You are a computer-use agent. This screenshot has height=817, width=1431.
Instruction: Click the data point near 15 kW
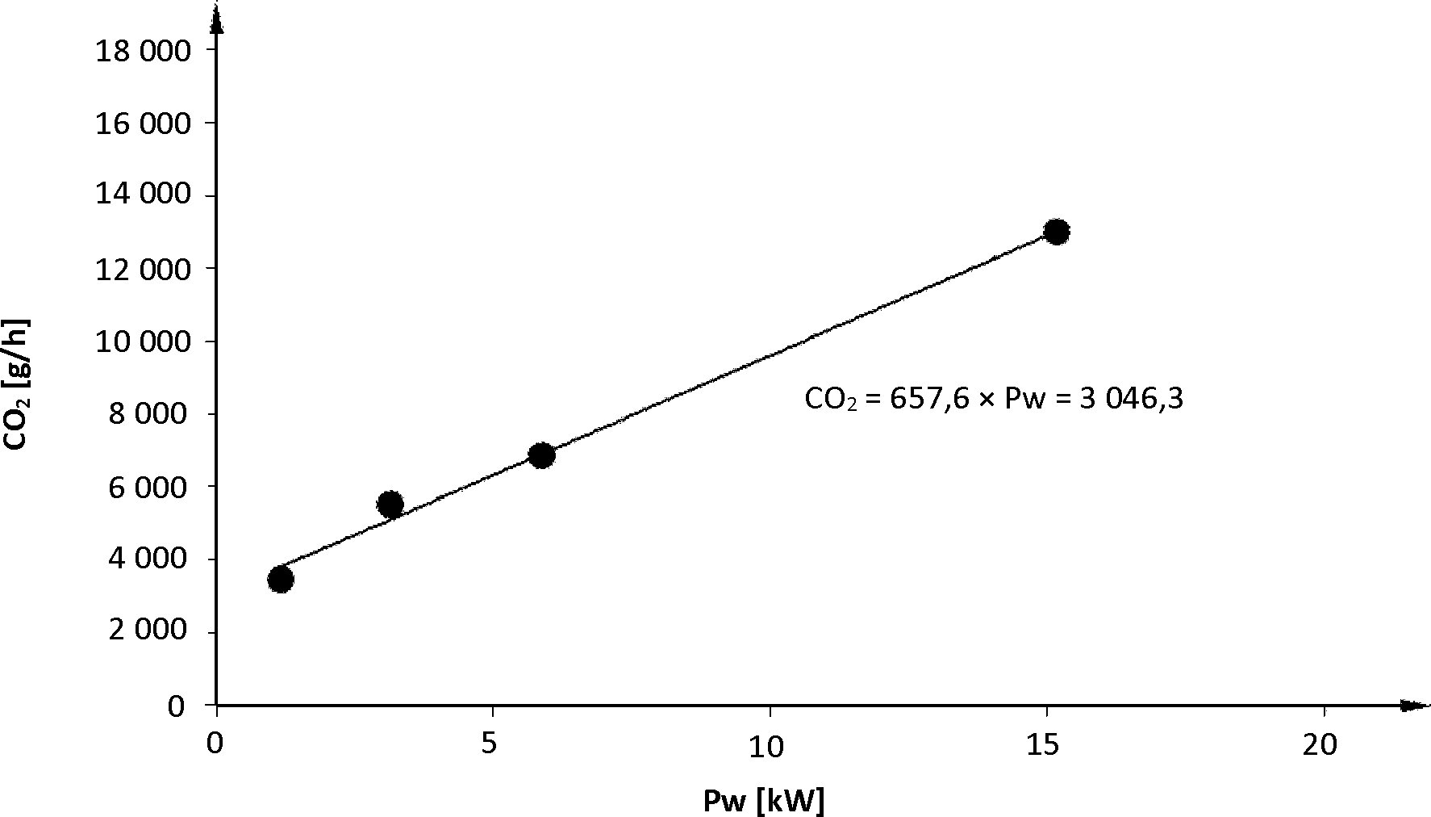[1056, 232]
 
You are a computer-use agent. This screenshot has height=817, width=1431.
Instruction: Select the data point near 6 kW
[541, 455]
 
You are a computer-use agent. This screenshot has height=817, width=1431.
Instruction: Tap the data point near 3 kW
[390, 505]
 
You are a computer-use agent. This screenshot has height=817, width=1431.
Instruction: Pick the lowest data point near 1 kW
[280, 579]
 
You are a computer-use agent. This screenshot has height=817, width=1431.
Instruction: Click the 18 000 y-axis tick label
[144, 51]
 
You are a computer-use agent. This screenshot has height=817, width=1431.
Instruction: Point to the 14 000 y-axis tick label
[144, 196]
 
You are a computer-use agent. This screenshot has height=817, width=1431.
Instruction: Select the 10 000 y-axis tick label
[144, 341]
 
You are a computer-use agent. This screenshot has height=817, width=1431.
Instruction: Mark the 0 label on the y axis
[176, 706]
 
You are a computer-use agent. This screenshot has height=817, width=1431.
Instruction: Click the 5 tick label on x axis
[489, 744]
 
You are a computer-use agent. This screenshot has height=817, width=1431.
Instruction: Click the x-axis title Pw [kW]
[764, 801]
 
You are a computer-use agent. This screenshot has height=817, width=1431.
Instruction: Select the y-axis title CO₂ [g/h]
[18, 384]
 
